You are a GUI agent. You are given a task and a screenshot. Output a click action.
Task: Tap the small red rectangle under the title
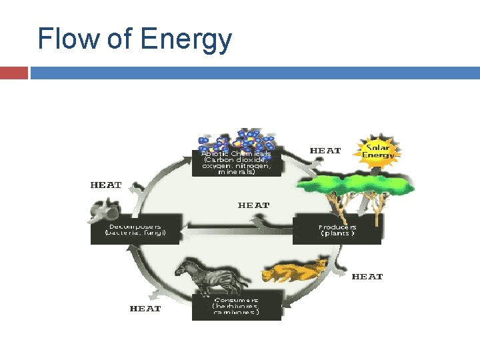[x=13, y=73]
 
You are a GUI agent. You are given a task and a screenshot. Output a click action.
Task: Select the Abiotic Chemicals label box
[x=236, y=163]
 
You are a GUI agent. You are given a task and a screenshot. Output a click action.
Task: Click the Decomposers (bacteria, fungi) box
[x=136, y=229]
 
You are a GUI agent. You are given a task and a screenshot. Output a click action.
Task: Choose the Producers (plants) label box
[x=337, y=229]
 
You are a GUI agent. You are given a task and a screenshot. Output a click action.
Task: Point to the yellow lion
[x=293, y=271]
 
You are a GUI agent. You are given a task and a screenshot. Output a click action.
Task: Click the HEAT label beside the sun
[x=325, y=151]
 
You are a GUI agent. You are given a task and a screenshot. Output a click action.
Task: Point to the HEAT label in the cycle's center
[x=253, y=205]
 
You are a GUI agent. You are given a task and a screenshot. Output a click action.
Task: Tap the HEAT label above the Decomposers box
[x=106, y=185]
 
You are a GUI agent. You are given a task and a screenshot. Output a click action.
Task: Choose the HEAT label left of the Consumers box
[x=145, y=309]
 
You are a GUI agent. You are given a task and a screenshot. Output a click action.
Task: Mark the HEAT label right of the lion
[x=367, y=276]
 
